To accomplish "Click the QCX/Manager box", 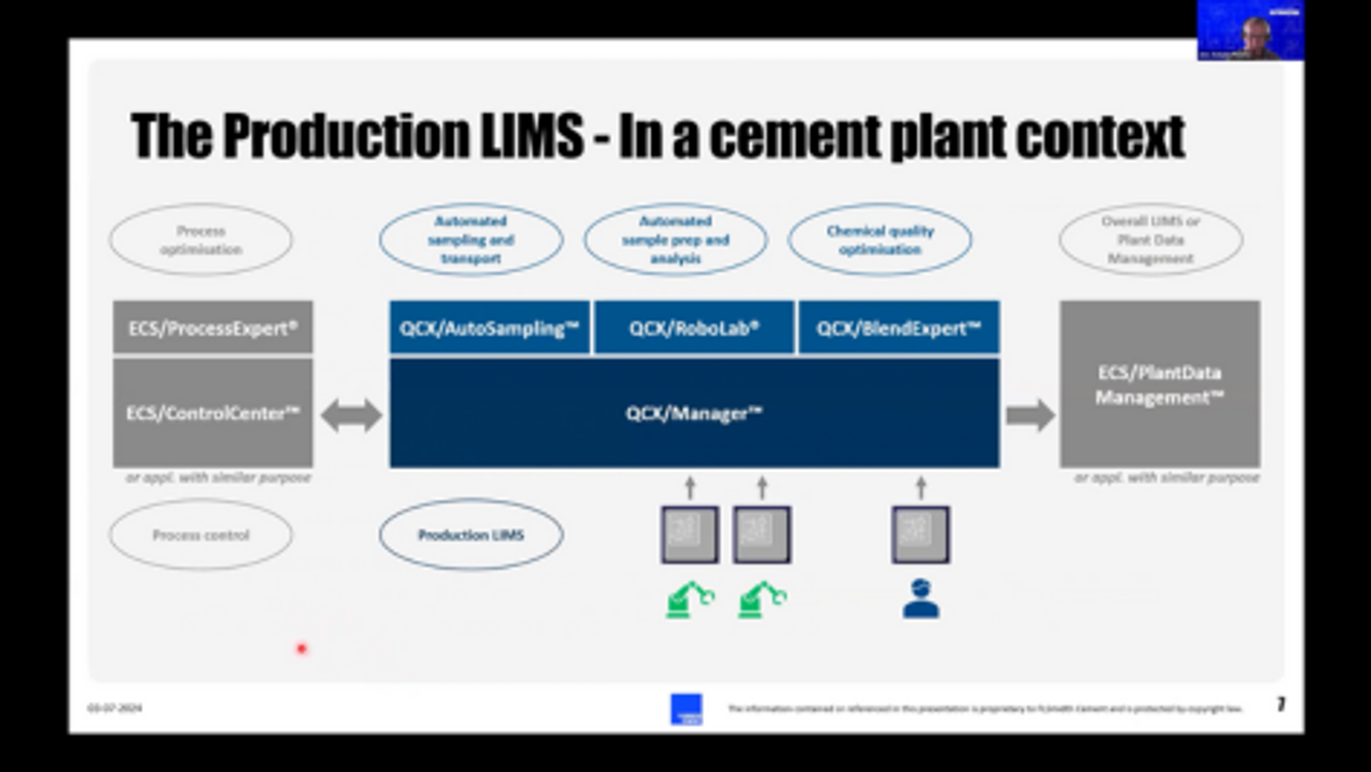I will [694, 413].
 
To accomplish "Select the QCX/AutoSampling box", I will [489, 328].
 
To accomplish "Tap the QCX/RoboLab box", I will [694, 328].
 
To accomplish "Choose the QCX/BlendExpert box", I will [899, 328].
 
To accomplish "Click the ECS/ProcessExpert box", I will [213, 328].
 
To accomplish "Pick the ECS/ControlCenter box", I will [213, 413].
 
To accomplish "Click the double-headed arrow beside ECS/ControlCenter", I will [351, 415].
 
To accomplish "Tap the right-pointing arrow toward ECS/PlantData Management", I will [1030, 415].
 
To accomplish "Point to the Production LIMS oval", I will [471, 535].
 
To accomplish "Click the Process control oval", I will [201, 535].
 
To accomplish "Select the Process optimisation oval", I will [201, 240].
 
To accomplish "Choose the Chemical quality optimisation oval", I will [880, 240].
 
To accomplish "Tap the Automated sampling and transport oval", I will [471, 240].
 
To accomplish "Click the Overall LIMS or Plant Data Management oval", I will [1151, 240].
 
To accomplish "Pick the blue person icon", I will [921, 600].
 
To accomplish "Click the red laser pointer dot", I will [302, 649].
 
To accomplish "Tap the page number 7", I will [1281, 705].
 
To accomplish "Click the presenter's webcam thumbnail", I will [1250, 30].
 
